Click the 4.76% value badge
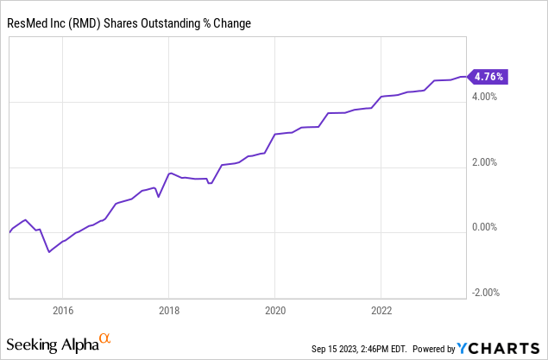tap(488, 76)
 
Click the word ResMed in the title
tap(28, 22)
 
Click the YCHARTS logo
tap(500, 348)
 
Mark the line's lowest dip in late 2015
tap(49, 252)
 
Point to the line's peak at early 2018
tap(170, 173)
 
